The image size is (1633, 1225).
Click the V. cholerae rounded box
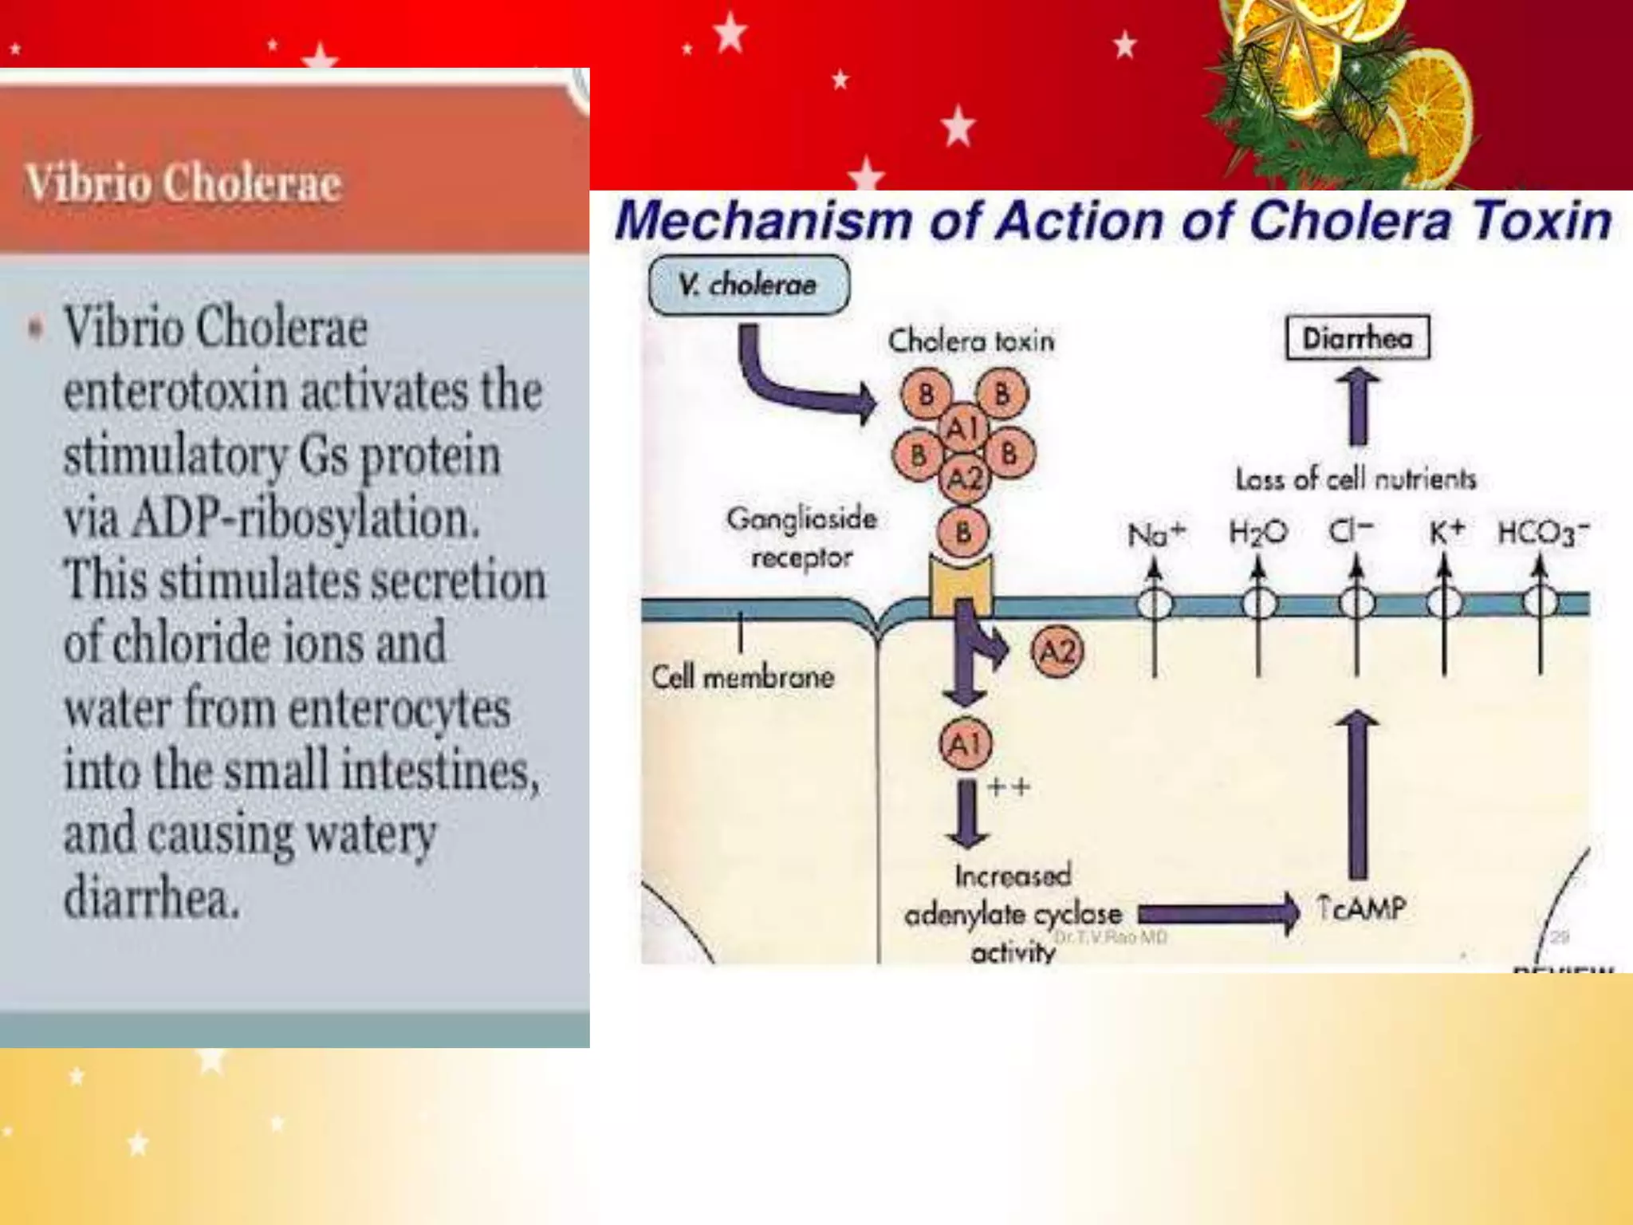click(x=749, y=285)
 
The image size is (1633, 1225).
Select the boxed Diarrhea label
click(x=1357, y=338)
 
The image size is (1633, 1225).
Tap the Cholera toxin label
click(x=970, y=341)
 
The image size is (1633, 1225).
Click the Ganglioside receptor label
click(x=801, y=538)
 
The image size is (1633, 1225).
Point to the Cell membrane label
click(x=742, y=678)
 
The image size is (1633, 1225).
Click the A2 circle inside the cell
click(x=1058, y=652)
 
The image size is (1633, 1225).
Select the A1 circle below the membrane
click(x=965, y=744)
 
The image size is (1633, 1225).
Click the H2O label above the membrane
click(x=1257, y=532)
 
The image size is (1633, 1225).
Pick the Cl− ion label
click(x=1351, y=530)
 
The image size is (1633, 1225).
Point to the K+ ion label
click(x=1446, y=532)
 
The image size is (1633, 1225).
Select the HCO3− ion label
click(x=1543, y=533)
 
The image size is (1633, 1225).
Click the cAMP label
click(x=1362, y=908)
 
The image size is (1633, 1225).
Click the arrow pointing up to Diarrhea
click(x=1358, y=407)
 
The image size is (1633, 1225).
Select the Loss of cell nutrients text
click(x=1356, y=479)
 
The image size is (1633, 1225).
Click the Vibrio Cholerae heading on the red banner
click(x=183, y=183)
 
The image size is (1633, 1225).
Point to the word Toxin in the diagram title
click(x=1542, y=220)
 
